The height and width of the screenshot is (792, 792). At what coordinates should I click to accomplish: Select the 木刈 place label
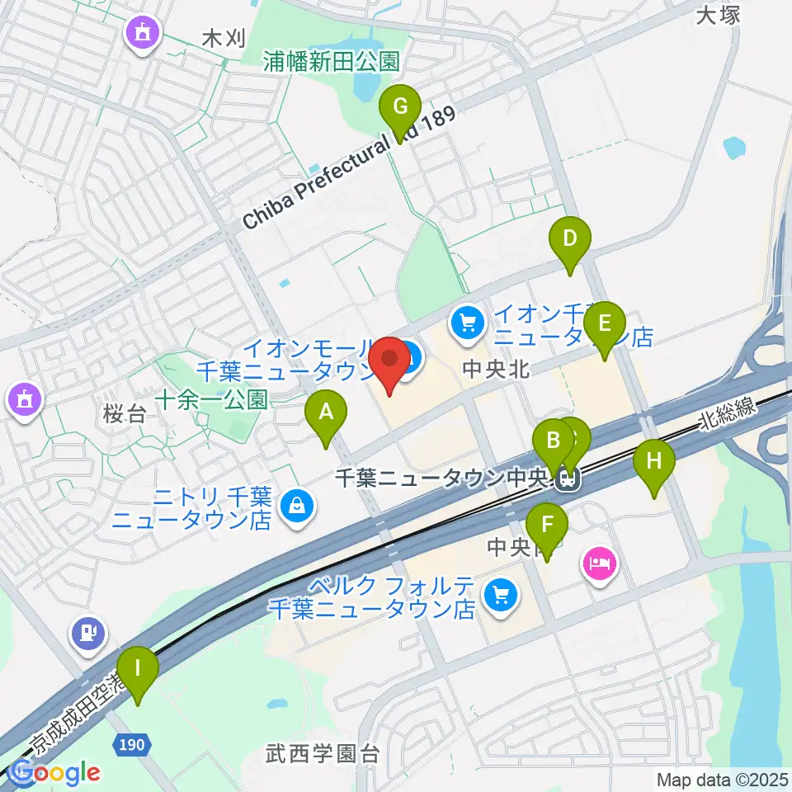pos(224,39)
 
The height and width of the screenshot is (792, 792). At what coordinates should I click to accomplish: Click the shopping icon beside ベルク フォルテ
pos(500,593)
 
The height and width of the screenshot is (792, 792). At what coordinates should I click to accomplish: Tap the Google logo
pos(55,773)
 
